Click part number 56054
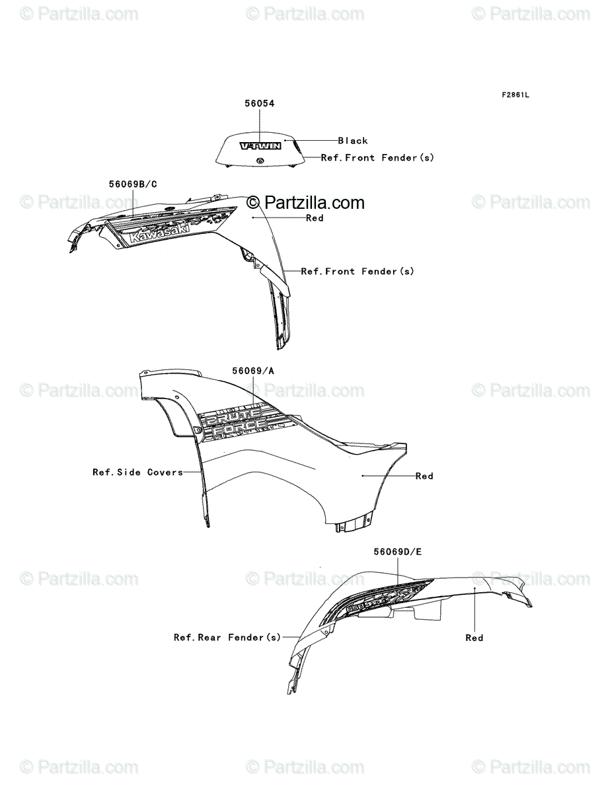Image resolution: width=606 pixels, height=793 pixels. (x=259, y=104)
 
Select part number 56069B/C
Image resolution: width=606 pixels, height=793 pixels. (x=133, y=184)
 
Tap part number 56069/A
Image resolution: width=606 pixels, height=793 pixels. (x=253, y=371)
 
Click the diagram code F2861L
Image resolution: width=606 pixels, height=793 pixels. (x=515, y=94)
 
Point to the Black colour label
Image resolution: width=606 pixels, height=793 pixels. (x=353, y=141)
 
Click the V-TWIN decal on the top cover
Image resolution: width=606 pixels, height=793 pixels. (x=260, y=146)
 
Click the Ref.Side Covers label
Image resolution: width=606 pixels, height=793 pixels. (x=137, y=472)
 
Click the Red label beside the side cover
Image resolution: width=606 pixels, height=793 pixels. (x=424, y=476)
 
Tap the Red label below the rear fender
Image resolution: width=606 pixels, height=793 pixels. (x=474, y=638)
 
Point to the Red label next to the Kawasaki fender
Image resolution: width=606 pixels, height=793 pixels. (x=315, y=218)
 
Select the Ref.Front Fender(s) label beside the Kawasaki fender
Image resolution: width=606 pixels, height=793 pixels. (x=358, y=272)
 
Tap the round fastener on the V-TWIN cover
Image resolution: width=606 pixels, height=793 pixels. (x=262, y=162)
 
